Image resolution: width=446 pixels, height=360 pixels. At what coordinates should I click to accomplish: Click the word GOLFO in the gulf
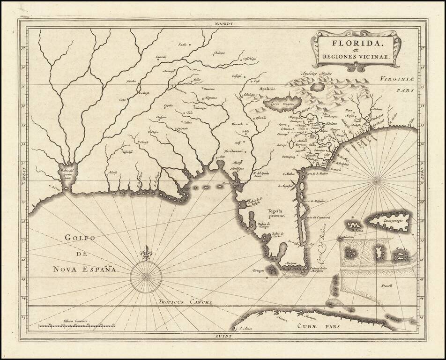click(80, 238)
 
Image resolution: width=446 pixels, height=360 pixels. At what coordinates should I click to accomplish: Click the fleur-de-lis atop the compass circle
click(146, 253)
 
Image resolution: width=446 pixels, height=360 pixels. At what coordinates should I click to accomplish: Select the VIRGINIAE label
click(398, 79)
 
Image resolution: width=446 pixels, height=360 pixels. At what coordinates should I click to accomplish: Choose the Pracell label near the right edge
click(387, 285)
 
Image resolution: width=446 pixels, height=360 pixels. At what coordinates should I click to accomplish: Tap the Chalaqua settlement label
click(220, 52)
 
